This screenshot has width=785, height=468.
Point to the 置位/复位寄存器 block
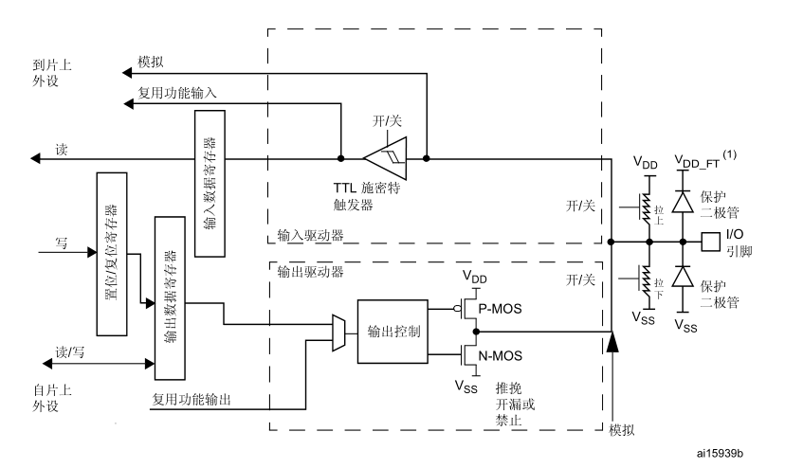pos(112,255)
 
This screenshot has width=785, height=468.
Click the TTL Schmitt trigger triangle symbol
pos(384,157)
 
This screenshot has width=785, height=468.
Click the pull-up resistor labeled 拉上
pos(648,210)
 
